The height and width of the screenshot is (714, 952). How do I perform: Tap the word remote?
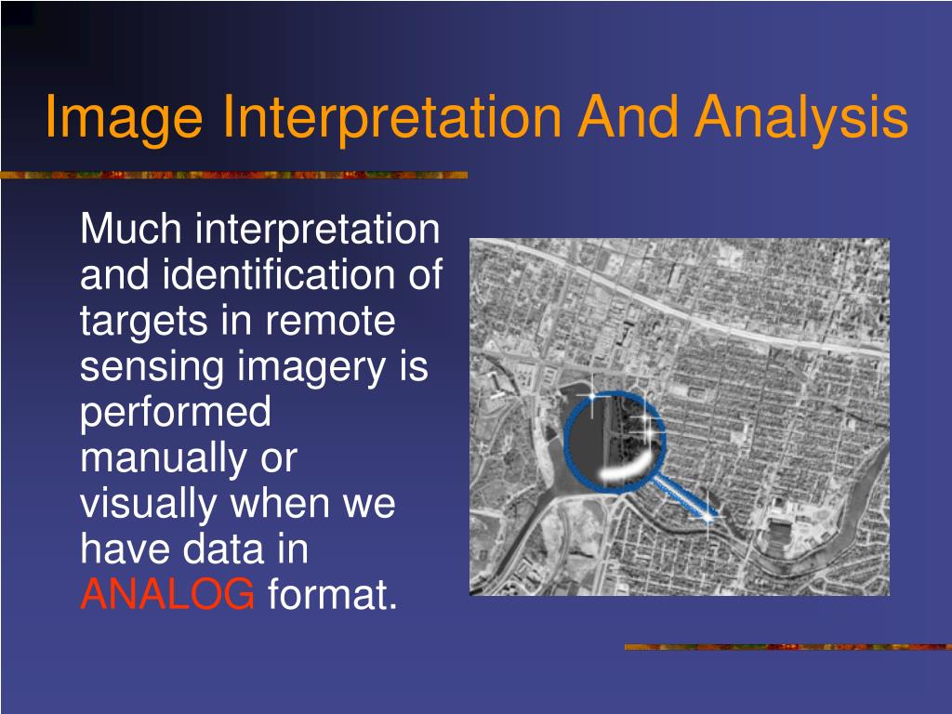point(332,322)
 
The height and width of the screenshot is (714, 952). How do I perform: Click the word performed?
point(176,413)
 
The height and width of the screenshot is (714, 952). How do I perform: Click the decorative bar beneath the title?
point(232,175)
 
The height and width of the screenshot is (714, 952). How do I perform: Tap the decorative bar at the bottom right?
point(787,646)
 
